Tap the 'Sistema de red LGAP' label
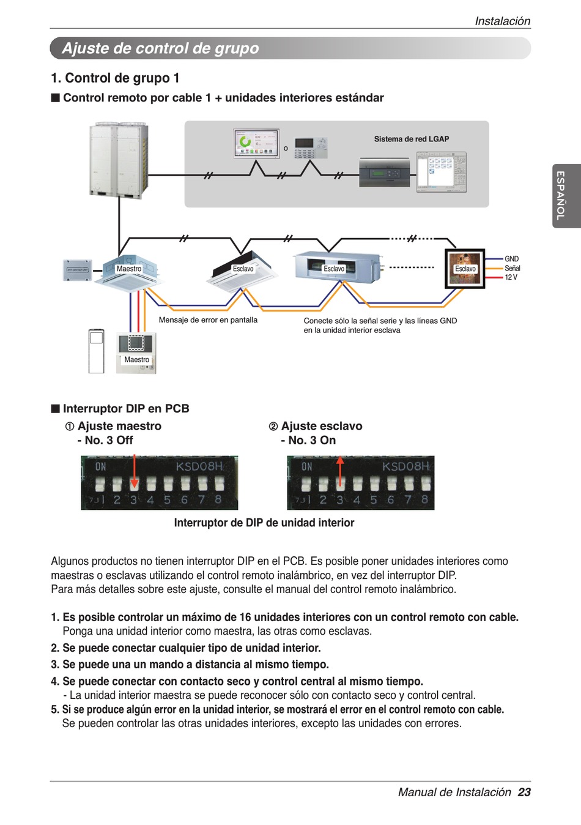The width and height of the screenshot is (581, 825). (411, 139)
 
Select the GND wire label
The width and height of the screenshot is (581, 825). (511, 259)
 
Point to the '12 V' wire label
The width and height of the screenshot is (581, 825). (511, 277)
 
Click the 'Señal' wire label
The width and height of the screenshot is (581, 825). (512, 268)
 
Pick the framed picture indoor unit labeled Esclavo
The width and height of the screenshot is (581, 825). (465, 269)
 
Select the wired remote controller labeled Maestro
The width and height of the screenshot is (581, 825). (136, 352)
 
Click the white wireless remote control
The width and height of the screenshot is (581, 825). (97, 351)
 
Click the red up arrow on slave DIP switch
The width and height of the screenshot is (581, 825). (341, 471)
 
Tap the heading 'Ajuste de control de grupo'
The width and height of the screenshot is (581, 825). (160, 48)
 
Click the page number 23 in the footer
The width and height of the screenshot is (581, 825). (524, 792)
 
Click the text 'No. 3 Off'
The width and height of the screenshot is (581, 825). (109, 440)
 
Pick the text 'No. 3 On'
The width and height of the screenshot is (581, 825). (312, 440)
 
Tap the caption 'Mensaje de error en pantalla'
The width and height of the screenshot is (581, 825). (208, 320)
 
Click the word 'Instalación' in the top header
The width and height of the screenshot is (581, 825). (502, 21)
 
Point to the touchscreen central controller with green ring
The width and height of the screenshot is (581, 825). (256, 143)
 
